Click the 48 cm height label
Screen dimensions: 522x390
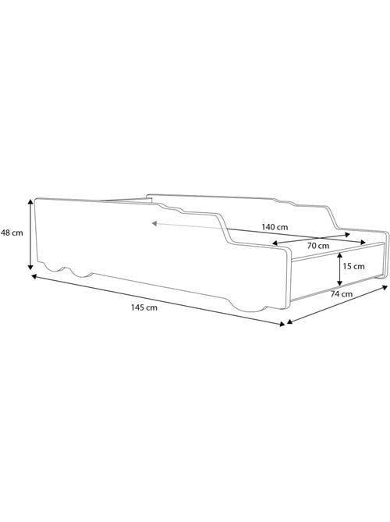click(x=12, y=232)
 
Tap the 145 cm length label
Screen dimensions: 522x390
click(x=146, y=307)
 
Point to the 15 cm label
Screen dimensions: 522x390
click(x=353, y=266)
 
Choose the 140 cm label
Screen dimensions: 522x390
click(x=275, y=226)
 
